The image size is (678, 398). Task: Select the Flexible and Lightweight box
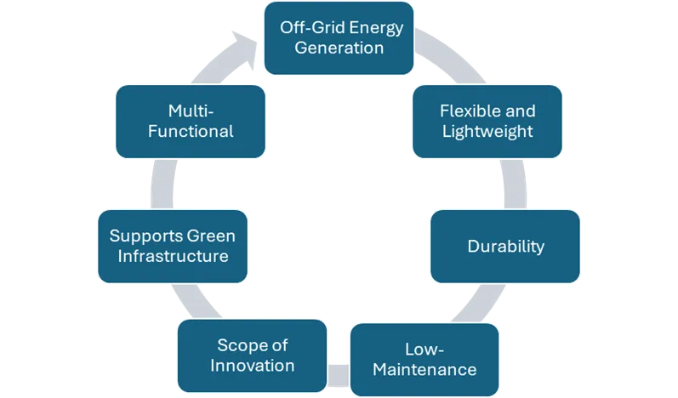(487, 121)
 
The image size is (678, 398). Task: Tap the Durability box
(505, 247)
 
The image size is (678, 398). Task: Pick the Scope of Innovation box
(251, 355)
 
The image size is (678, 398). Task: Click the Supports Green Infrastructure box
(172, 245)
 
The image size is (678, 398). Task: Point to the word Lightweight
(487, 131)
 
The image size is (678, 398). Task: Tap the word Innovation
(251, 366)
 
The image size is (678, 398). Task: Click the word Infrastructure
(172, 255)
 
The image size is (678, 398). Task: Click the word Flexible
(464, 111)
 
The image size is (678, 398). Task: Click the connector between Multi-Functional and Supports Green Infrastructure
(163, 183)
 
